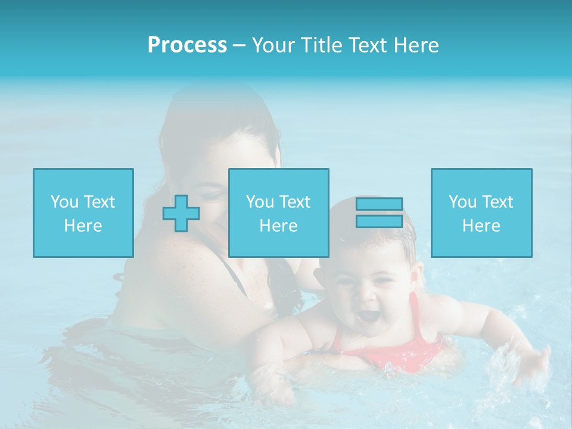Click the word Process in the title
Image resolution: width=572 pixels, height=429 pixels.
187,45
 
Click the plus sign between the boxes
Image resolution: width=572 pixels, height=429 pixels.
181,213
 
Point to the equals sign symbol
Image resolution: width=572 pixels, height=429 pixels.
379,213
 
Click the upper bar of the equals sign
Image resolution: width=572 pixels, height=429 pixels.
379,204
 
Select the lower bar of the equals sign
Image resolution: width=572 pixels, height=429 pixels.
379,221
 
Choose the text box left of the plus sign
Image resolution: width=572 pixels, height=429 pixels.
83,213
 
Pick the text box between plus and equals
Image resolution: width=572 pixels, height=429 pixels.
278,213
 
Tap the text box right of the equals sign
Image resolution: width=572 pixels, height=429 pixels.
481,213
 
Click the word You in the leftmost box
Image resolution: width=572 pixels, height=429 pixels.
64,202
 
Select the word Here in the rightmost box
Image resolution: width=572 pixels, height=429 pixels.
481,226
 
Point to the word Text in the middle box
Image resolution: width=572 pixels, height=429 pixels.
295,202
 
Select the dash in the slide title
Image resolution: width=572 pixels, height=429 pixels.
240,45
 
